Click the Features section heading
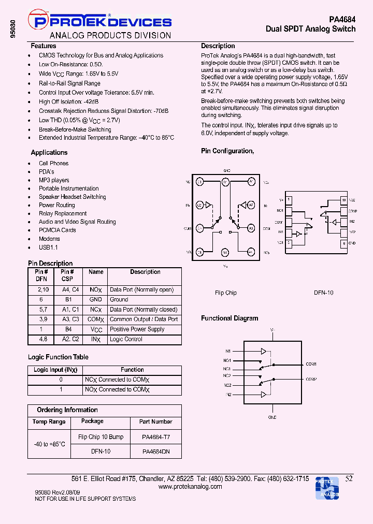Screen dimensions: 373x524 [x=44, y=46]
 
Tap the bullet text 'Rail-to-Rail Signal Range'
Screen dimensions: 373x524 [x=69, y=83]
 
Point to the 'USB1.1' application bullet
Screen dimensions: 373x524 [x=48, y=247]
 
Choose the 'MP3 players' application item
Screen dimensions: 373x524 [x=54, y=180]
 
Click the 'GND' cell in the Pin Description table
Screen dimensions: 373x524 [x=95, y=299]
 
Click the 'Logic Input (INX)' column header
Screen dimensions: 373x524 [x=55, y=370]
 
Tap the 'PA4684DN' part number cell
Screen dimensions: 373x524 [x=155, y=452]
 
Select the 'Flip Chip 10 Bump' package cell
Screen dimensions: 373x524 [x=101, y=437]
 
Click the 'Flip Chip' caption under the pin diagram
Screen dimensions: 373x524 [x=226, y=293]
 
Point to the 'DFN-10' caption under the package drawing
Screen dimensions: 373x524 [x=324, y=293]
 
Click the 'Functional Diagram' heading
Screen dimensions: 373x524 [x=229, y=318]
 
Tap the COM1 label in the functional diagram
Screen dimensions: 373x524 [x=311, y=364]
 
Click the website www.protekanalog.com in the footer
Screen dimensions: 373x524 [x=190, y=487]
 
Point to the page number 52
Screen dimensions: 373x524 [x=349, y=479]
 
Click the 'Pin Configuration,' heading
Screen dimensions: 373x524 [x=227, y=151]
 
